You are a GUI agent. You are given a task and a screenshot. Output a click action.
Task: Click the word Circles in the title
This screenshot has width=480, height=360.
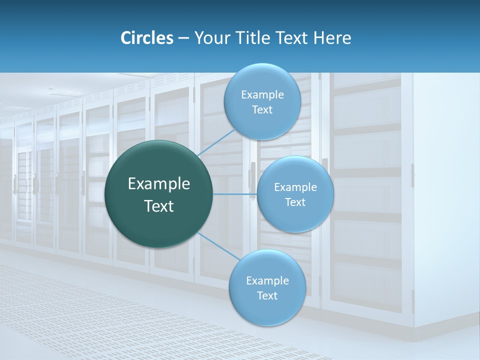[x=146, y=38]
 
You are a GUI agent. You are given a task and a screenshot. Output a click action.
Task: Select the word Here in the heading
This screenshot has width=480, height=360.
[x=332, y=38]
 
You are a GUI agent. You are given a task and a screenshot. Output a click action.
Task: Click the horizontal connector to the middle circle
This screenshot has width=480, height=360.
[x=234, y=194]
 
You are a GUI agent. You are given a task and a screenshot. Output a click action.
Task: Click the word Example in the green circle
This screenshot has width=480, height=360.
[x=158, y=184]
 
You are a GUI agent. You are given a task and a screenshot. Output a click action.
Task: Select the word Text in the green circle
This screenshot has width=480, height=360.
[x=158, y=206]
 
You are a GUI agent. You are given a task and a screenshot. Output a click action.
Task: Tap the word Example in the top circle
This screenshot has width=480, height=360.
[x=262, y=95]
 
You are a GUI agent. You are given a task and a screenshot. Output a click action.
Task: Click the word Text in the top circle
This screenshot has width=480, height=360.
[x=262, y=110]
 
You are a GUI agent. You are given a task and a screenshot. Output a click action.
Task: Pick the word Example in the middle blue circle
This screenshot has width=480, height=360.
[x=295, y=187]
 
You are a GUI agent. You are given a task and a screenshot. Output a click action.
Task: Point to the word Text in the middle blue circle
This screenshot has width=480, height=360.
[x=295, y=202]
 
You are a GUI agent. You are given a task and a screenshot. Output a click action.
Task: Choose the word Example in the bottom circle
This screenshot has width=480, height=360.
[x=267, y=281]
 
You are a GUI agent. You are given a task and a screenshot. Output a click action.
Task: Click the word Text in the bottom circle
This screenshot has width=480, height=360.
[x=267, y=296]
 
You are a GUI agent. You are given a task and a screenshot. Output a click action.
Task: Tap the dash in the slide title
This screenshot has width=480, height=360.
[x=183, y=38]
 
